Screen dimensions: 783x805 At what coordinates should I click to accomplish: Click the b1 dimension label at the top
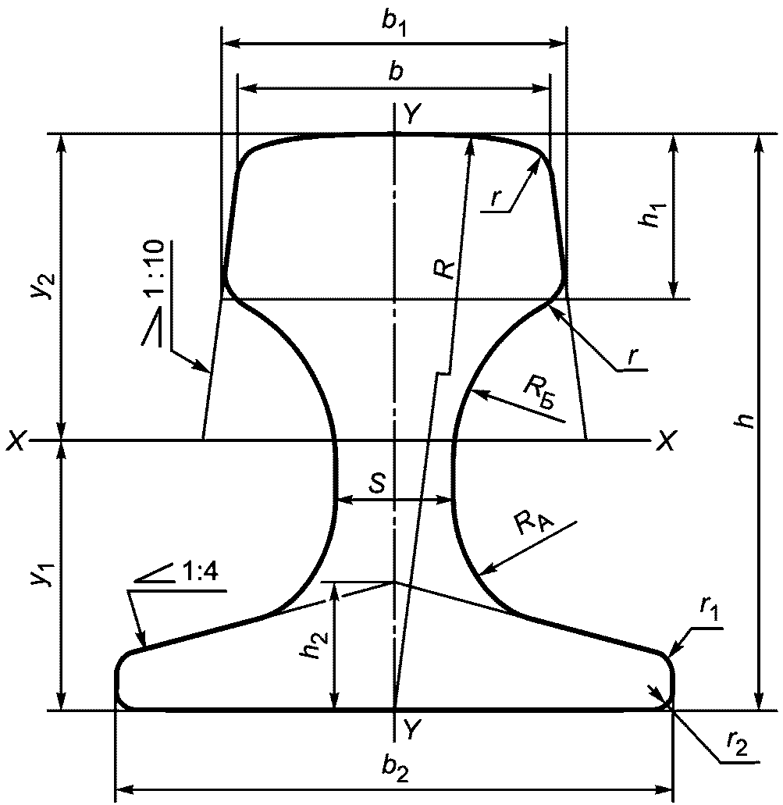(x=395, y=23)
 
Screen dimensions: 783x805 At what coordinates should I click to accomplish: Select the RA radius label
(x=534, y=525)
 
